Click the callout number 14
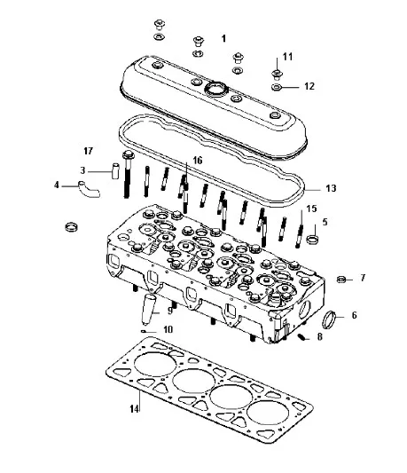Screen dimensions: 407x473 tap(135, 409)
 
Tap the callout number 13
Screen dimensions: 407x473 tap(331, 188)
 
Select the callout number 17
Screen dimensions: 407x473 tap(88, 151)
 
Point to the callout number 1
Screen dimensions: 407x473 tap(223, 38)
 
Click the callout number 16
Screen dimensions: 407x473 tap(198, 160)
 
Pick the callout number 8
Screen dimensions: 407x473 tap(319, 336)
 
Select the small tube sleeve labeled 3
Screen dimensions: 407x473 tap(115, 171)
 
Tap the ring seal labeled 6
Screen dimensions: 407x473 tap(329, 320)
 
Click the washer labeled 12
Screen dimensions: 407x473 tap(276, 88)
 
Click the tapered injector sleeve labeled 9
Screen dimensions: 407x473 tap(149, 310)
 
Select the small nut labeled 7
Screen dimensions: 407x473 tap(341, 279)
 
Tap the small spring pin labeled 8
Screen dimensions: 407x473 tap(301, 336)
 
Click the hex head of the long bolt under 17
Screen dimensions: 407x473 tap(128, 155)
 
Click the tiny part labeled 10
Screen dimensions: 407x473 tap(144, 332)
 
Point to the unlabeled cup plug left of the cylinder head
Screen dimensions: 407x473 tap(72, 226)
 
